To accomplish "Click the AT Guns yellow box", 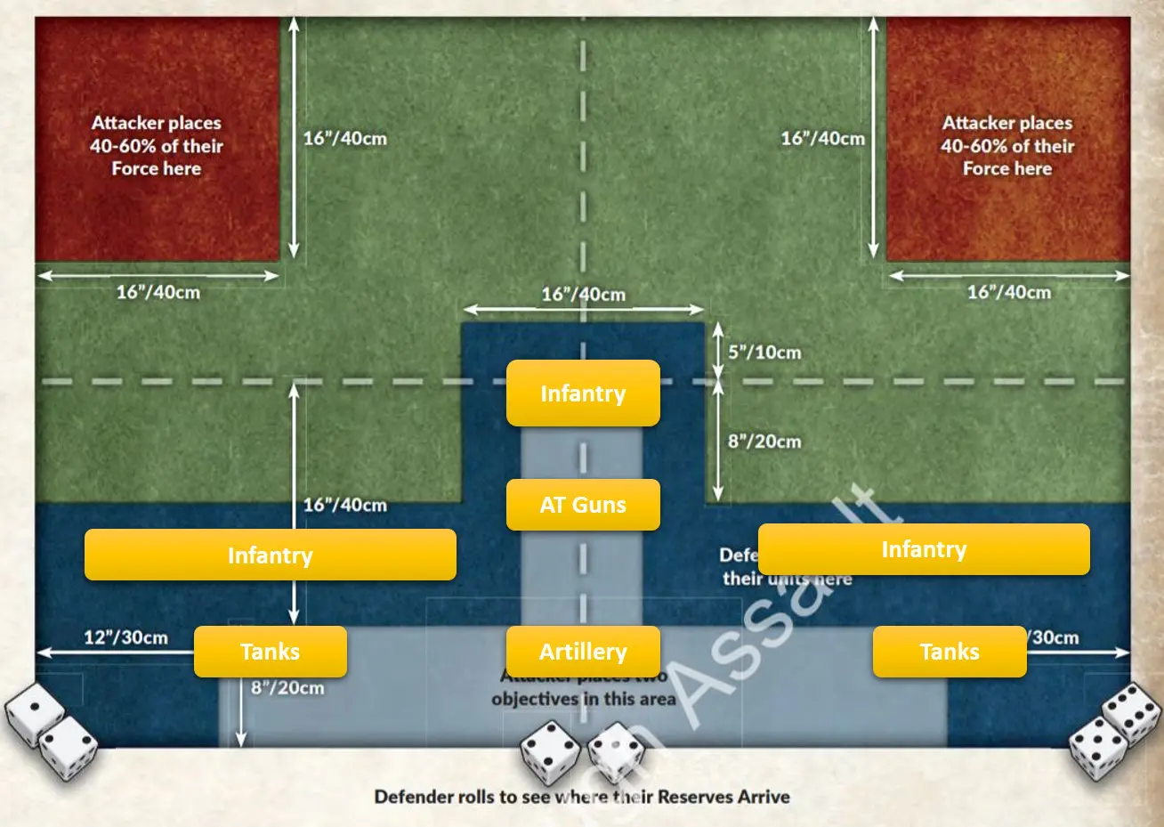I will tap(583, 505).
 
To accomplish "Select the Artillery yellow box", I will tap(583, 652).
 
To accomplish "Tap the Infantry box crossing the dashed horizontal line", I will tap(583, 393).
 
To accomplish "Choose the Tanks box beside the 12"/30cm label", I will tap(270, 652).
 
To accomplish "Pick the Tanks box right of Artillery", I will tap(950, 652).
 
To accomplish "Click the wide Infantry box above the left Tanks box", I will tap(270, 555).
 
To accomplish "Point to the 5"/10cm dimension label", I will tap(764, 353).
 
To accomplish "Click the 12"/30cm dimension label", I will tap(125, 637).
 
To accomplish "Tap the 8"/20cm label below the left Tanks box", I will tap(287, 687).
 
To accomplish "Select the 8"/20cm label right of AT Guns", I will tap(764, 442).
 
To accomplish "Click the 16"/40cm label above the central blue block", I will tap(583, 294).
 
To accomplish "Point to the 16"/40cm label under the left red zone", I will tap(158, 292).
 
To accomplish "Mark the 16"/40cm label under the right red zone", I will tap(1008, 292).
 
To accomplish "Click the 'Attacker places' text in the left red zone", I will tap(157, 123).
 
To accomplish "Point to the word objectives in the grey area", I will tap(533, 699).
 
